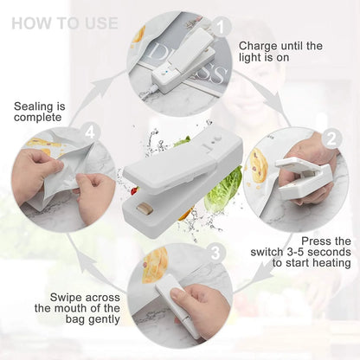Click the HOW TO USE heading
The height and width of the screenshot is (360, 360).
point(66,22)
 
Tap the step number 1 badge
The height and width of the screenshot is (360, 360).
point(222,28)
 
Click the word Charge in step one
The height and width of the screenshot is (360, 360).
point(259,45)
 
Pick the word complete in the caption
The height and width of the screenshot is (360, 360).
point(38,117)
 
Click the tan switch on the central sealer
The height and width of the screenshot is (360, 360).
point(144,209)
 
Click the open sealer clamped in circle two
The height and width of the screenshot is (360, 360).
point(299,173)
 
